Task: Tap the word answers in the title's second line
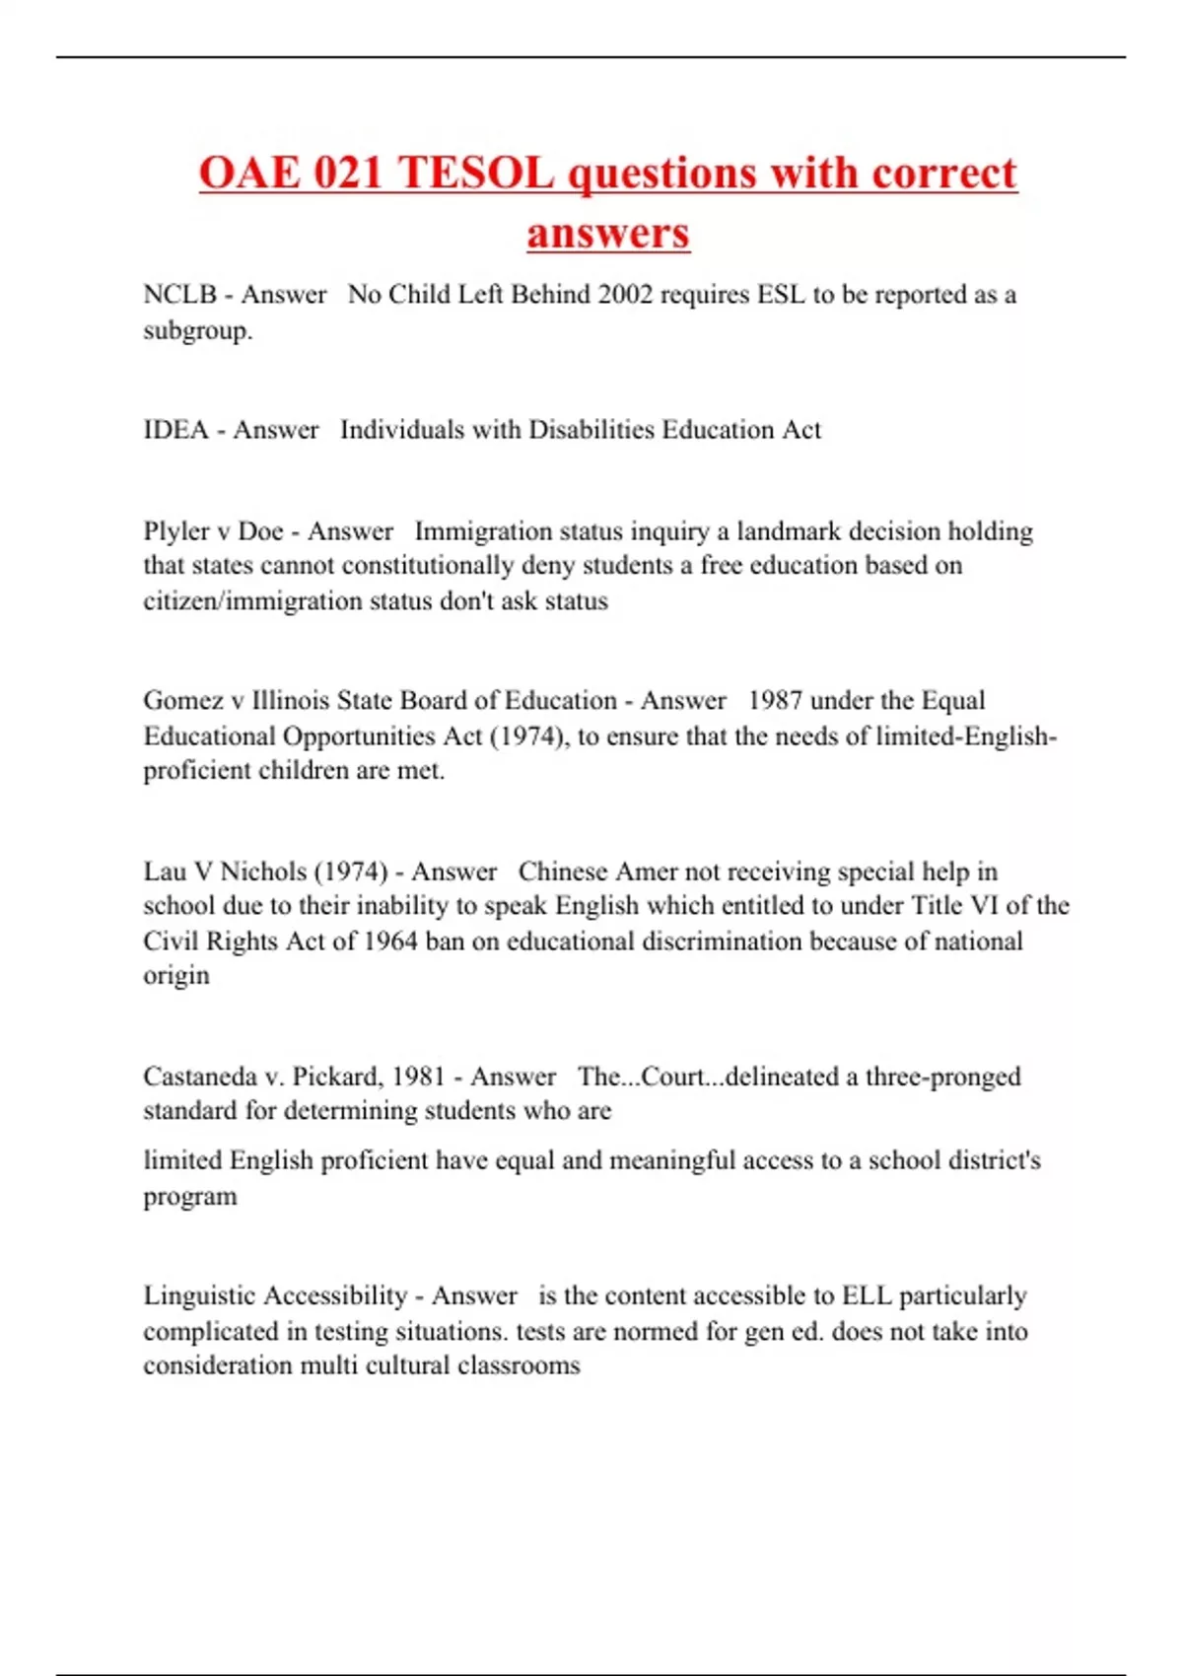[x=607, y=234]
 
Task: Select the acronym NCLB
[x=179, y=295]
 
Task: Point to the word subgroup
[x=197, y=331]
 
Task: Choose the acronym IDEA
[x=175, y=430]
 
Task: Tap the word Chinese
[x=563, y=872]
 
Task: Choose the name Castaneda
[x=201, y=1077]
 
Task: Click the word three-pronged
[x=942, y=1077]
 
